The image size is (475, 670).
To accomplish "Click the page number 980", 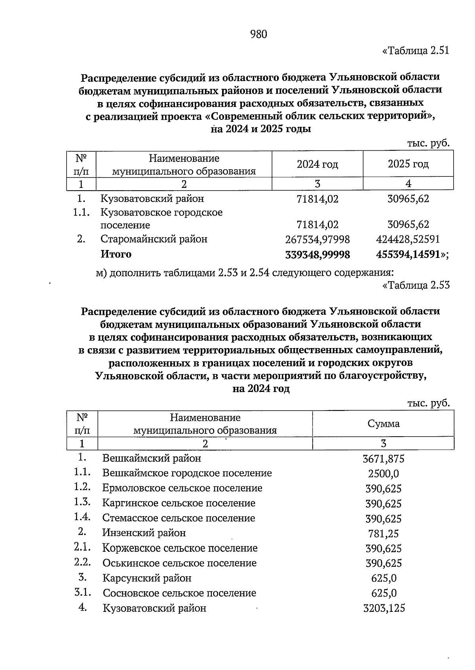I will point(259,35).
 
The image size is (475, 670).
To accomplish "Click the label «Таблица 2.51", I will point(416,51).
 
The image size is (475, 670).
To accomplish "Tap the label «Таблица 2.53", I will point(416,285).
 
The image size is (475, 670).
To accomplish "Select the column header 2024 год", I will point(317,164).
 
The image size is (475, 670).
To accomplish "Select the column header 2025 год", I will point(408,164).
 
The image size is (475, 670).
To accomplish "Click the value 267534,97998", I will point(317,240).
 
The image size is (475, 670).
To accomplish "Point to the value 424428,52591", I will point(408,240).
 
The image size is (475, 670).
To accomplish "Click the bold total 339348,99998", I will point(317,255).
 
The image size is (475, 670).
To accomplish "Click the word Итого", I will point(116,254).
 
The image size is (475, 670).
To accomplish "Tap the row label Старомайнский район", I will point(154,239).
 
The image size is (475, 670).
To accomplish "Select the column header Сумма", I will point(383,424).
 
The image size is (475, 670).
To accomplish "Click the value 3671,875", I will point(383,459).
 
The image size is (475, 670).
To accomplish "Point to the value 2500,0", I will point(383,474).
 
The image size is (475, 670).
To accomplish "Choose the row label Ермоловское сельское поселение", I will point(182,488).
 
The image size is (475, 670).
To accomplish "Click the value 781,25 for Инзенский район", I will point(383,534).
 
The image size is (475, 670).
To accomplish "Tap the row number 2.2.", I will point(82,562).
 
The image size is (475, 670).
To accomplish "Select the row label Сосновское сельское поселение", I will point(179,593).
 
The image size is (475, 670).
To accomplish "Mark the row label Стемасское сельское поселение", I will point(179,518).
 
